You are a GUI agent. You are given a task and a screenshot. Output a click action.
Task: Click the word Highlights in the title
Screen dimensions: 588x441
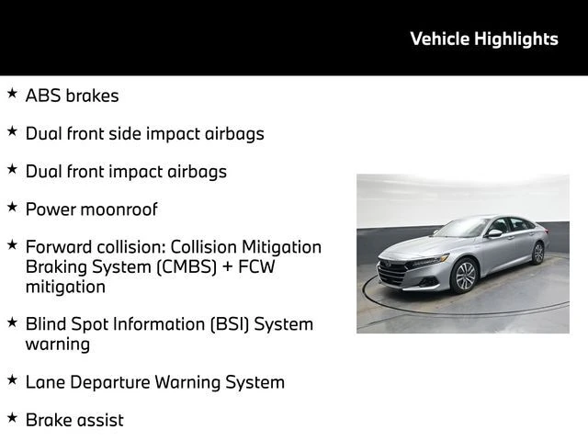pos(516,40)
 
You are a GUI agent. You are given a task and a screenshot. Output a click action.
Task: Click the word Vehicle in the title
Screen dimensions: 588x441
pos(440,39)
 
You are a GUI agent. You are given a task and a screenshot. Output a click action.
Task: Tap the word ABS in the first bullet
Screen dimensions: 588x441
pos(43,96)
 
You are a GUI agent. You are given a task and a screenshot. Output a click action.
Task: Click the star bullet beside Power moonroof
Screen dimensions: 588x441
pos(12,207)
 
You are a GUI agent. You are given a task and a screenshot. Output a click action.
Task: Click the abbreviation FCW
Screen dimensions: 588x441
pos(256,266)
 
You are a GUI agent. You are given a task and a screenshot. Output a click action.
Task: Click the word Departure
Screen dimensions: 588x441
pos(110,383)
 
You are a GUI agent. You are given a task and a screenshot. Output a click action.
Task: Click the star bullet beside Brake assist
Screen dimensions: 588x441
pos(12,417)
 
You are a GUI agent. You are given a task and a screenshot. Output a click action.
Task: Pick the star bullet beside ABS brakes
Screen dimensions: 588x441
pos(12,93)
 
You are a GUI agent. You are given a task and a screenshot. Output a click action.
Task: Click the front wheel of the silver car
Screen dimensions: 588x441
pos(465,277)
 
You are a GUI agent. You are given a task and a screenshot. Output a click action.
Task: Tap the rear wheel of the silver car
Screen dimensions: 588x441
pos(538,254)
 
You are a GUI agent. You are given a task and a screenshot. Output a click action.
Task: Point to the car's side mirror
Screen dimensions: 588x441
pos(494,233)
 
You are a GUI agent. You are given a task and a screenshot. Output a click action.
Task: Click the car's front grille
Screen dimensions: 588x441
pos(392,273)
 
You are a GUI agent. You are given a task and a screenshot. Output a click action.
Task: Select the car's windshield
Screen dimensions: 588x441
pos(462,227)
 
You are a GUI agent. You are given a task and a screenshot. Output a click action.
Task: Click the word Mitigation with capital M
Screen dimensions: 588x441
pos(282,248)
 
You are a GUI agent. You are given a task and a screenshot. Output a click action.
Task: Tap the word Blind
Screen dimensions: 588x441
pos(46,324)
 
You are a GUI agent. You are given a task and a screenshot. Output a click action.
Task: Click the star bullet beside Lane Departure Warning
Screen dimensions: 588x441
pos(12,379)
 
